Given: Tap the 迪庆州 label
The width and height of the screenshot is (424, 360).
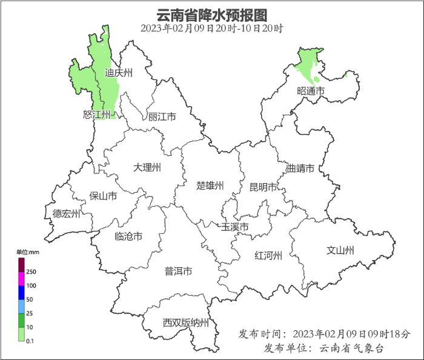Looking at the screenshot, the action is [118, 73].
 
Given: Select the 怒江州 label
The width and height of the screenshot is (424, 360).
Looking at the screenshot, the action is [97, 115].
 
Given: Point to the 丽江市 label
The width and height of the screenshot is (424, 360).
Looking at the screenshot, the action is [162, 116].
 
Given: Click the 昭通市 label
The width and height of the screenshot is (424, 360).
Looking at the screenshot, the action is [311, 91].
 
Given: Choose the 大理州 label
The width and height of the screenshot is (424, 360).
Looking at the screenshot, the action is [147, 167].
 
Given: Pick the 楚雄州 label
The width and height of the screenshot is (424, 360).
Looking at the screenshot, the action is [210, 185].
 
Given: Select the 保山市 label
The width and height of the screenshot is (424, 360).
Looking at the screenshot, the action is [103, 196].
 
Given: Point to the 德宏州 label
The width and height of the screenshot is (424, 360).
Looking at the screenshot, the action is [66, 213].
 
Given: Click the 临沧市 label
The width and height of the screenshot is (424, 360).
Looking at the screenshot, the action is [128, 236].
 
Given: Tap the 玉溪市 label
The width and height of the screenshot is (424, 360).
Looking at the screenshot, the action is [235, 227].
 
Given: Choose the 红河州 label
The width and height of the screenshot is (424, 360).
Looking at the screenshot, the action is [268, 255].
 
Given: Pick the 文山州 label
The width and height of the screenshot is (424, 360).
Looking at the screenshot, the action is [340, 250].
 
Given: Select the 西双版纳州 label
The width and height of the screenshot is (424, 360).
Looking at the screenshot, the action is [185, 322].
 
